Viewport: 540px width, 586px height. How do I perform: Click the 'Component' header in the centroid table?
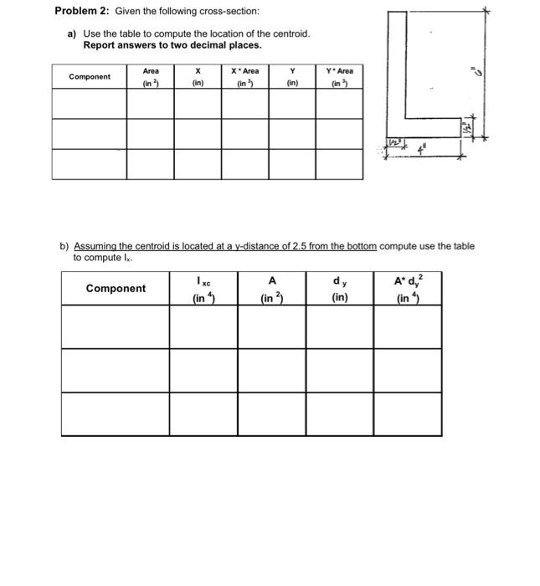tap(89, 77)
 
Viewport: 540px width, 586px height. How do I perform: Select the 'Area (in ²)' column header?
tap(151, 77)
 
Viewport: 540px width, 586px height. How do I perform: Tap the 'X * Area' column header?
tap(244, 77)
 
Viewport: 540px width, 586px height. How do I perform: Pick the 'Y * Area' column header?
tap(339, 77)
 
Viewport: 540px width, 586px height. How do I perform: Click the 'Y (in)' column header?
tap(292, 77)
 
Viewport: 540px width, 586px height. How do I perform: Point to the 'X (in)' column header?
tap(198, 77)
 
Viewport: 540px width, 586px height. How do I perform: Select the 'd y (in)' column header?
tap(339, 288)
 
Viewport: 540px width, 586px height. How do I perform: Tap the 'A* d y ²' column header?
tap(408, 288)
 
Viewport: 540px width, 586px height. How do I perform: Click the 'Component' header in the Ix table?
tap(116, 289)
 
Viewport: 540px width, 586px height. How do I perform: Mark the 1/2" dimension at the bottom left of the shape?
tap(393, 146)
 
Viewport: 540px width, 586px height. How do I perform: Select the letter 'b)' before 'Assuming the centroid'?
tap(64, 246)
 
